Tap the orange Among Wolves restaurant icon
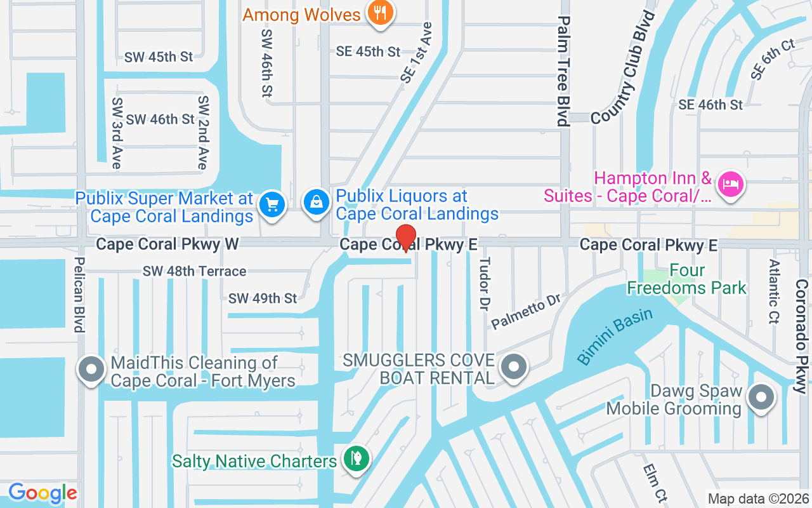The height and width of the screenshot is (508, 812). pos(380,14)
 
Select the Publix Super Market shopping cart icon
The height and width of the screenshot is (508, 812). pos(273,205)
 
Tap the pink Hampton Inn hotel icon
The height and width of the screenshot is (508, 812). pos(730,185)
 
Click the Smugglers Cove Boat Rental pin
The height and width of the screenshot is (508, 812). pos(513,367)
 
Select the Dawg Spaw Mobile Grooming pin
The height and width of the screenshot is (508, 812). pos(761,398)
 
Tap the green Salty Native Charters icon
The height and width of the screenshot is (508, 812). pos(356,458)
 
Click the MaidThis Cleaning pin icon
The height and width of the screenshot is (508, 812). pos(90,369)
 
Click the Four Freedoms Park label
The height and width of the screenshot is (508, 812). pos(687,279)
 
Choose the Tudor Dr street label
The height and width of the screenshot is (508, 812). pos(485,283)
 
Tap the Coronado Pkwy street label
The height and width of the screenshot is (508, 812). pos(802,336)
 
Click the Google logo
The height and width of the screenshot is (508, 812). pos(43,493)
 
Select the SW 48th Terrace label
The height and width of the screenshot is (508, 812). pos(194,271)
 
